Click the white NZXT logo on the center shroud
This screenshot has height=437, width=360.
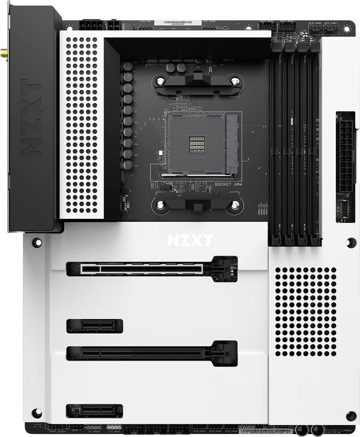190,240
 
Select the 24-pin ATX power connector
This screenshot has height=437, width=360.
345,152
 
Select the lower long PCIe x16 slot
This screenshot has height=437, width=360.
152,352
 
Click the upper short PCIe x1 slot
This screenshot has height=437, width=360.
95,325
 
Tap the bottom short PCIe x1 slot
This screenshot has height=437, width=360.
95,410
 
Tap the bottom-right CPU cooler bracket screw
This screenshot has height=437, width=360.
235,205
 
